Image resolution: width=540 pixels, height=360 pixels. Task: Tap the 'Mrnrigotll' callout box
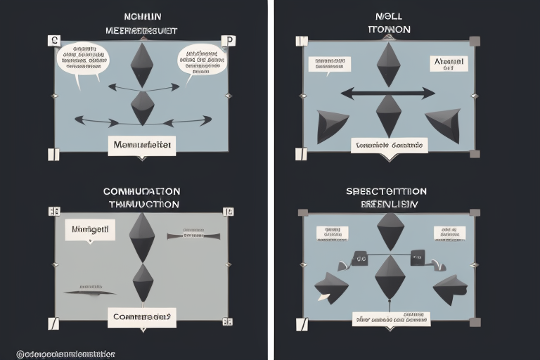coord(90,229)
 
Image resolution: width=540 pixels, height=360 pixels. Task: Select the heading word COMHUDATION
coord(141,191)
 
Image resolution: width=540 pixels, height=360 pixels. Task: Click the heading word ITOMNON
coord(389,30)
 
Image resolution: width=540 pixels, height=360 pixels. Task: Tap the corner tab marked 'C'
coord(53,41)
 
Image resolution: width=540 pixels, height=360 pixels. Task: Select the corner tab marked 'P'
coord(228,41)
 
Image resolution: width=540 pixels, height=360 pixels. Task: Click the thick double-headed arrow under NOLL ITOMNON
coord(388,92)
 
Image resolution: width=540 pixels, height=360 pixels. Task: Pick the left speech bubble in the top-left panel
coord(82,59)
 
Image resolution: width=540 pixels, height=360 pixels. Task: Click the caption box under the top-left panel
coord(142,146)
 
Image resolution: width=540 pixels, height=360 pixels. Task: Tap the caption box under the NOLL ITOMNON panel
coord(389,146)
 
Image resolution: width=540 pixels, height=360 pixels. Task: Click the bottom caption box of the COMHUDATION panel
coord(142,316)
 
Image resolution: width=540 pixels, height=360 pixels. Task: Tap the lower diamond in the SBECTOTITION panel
coord(390,278)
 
